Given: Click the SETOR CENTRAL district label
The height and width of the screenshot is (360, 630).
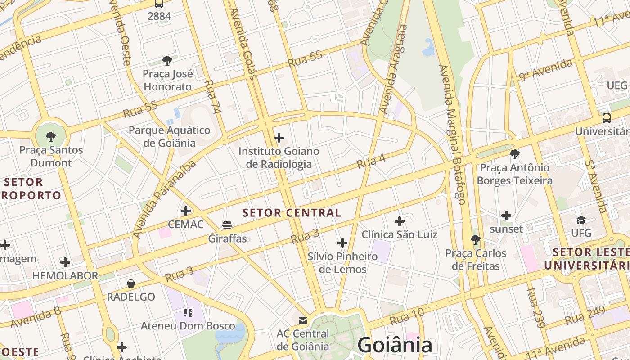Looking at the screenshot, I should tap(292, 213).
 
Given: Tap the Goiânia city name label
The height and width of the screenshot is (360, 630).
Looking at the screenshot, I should tap(395, 345).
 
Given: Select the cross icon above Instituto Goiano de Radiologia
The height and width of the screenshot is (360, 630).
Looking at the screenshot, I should tap(279, 138).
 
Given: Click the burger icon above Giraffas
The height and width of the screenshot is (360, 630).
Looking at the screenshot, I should tap(227, 225).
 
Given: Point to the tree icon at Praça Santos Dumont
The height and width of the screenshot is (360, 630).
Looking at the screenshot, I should tap(51, 136).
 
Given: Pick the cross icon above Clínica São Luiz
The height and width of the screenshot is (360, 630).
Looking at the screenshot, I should tap(399, 221).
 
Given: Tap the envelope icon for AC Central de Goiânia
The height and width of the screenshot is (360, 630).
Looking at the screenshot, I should tap(303, 321).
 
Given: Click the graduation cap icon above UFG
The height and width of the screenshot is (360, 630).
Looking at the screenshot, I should tap(581, 220).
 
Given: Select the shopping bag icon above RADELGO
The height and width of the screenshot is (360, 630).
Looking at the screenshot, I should tap(131, 283).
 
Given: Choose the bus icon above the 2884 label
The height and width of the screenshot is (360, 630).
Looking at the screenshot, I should tap(159, 4).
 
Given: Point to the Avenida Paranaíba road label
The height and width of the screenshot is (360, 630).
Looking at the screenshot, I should tap(165, 199).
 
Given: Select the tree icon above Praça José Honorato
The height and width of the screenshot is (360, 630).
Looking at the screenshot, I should tap(167, 60).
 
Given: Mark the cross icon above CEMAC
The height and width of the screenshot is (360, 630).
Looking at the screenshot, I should tap(186, 211).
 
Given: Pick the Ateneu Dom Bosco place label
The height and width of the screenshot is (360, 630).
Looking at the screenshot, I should tap(188, 325).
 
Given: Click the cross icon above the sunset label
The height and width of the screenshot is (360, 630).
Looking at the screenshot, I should tap(506, 216).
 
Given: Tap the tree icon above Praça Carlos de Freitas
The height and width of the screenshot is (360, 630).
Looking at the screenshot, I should tap(476, 239).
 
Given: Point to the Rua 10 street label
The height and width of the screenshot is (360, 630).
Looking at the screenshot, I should tap(407, 317).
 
